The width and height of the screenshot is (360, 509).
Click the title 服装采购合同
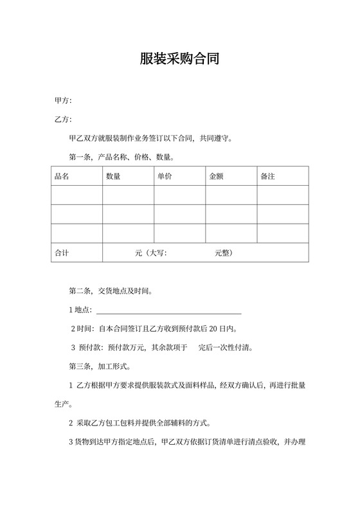tap(180, 59)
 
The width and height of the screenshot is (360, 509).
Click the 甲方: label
tap(63, 101)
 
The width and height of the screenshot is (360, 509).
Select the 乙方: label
tap(63, 120)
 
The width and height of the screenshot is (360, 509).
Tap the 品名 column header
tap(62, 176)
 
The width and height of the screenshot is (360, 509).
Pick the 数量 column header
tap(113, 176)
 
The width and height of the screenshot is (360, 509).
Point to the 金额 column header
tap(216, 176)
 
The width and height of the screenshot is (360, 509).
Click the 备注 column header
tap(267, 176)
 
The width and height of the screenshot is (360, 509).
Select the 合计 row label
tap(62, 253)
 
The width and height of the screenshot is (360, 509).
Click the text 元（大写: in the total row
tap(151, 253)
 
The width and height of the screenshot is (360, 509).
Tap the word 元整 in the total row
tap(224, 253)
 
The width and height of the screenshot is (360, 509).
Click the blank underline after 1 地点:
tap(168, 310)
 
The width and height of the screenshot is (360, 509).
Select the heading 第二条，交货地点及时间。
tap(111, 291)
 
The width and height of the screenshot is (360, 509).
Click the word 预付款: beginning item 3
tap(92, 348)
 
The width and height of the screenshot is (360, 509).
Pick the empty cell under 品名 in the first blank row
tap(76, 195)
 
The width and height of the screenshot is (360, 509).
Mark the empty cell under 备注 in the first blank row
tap(283, 195)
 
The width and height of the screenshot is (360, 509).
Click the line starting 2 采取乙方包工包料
tap(148, 424)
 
